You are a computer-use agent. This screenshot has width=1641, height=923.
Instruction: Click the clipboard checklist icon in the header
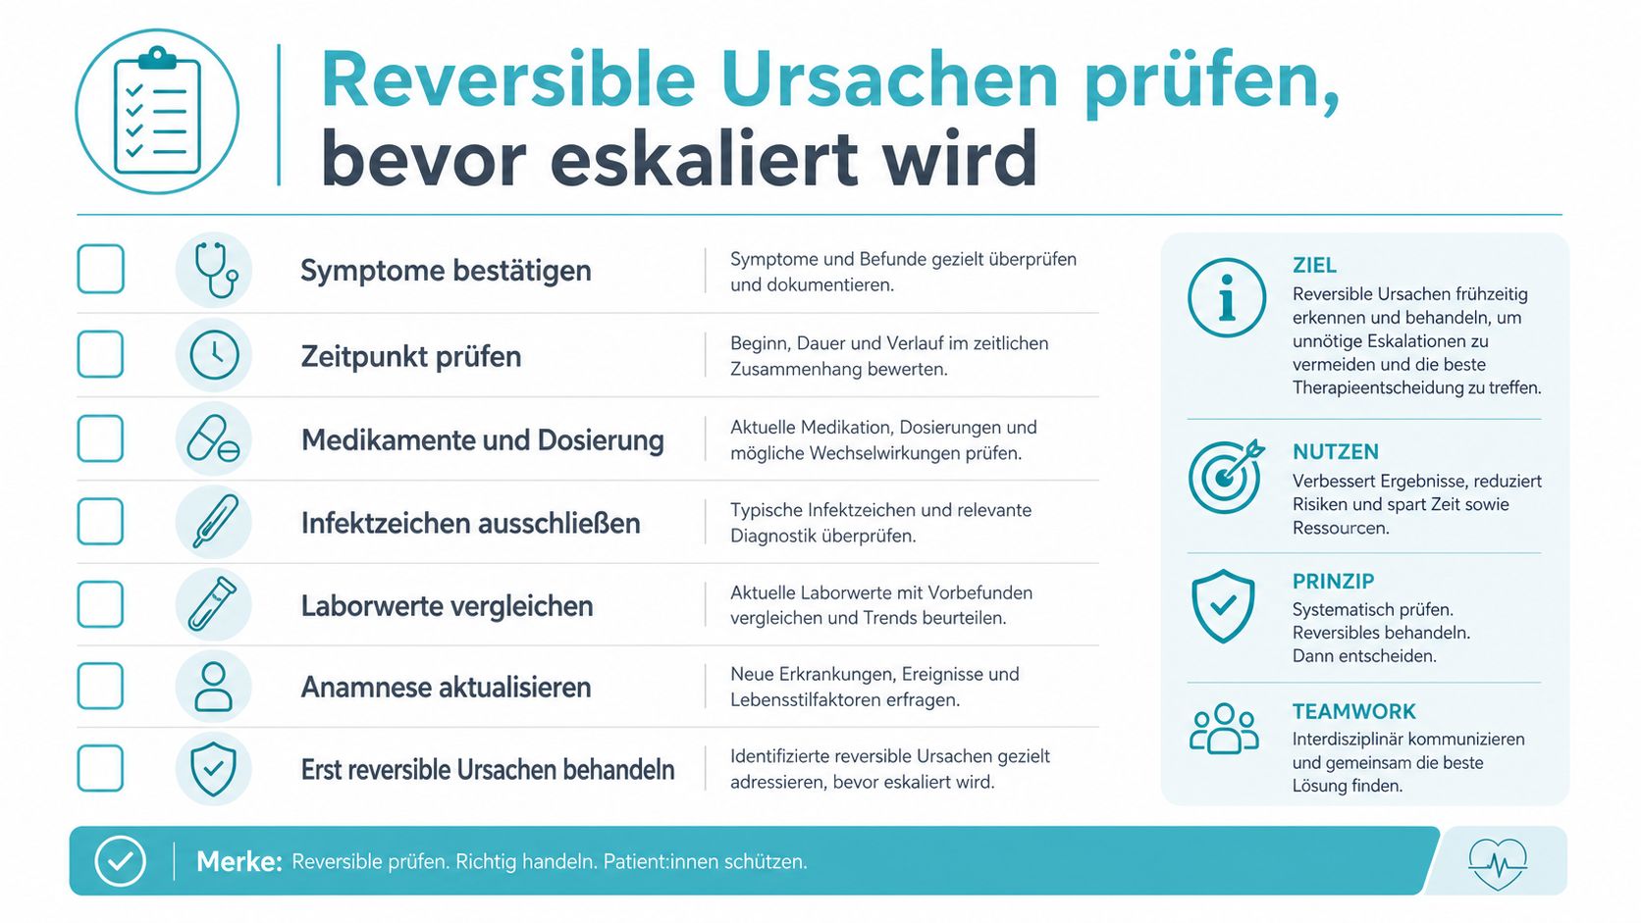(157, 111)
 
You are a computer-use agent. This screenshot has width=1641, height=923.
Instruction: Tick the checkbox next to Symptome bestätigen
(100, 269)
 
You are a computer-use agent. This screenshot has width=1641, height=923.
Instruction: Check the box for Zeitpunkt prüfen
(100, 354)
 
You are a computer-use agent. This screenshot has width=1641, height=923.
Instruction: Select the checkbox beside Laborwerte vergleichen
(100, 604)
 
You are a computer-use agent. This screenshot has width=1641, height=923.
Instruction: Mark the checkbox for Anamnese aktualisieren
(100, 686)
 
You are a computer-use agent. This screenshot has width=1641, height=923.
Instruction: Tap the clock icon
(214, 355)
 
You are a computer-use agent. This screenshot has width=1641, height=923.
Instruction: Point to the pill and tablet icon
(213, 438)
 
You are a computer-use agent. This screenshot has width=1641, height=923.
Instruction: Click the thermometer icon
(215, 521)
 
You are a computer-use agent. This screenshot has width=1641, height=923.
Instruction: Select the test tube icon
(212, 604)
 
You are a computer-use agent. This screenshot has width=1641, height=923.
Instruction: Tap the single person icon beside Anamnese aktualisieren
(213, 687)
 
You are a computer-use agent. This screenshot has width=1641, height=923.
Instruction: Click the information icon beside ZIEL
(1227, 297)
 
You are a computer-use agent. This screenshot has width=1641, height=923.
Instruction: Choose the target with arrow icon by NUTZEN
(1227, 476)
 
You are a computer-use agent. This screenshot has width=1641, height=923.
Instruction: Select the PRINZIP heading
(1333, 582)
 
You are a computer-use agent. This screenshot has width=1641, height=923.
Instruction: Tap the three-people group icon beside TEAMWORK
(1224, 729)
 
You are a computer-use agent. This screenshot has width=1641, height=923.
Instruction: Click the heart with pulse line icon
(1498, 863)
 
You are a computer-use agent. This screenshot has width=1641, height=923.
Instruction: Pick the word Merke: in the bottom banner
(239, 861)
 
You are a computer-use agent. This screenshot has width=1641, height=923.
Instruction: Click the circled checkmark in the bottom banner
(120, 861)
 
